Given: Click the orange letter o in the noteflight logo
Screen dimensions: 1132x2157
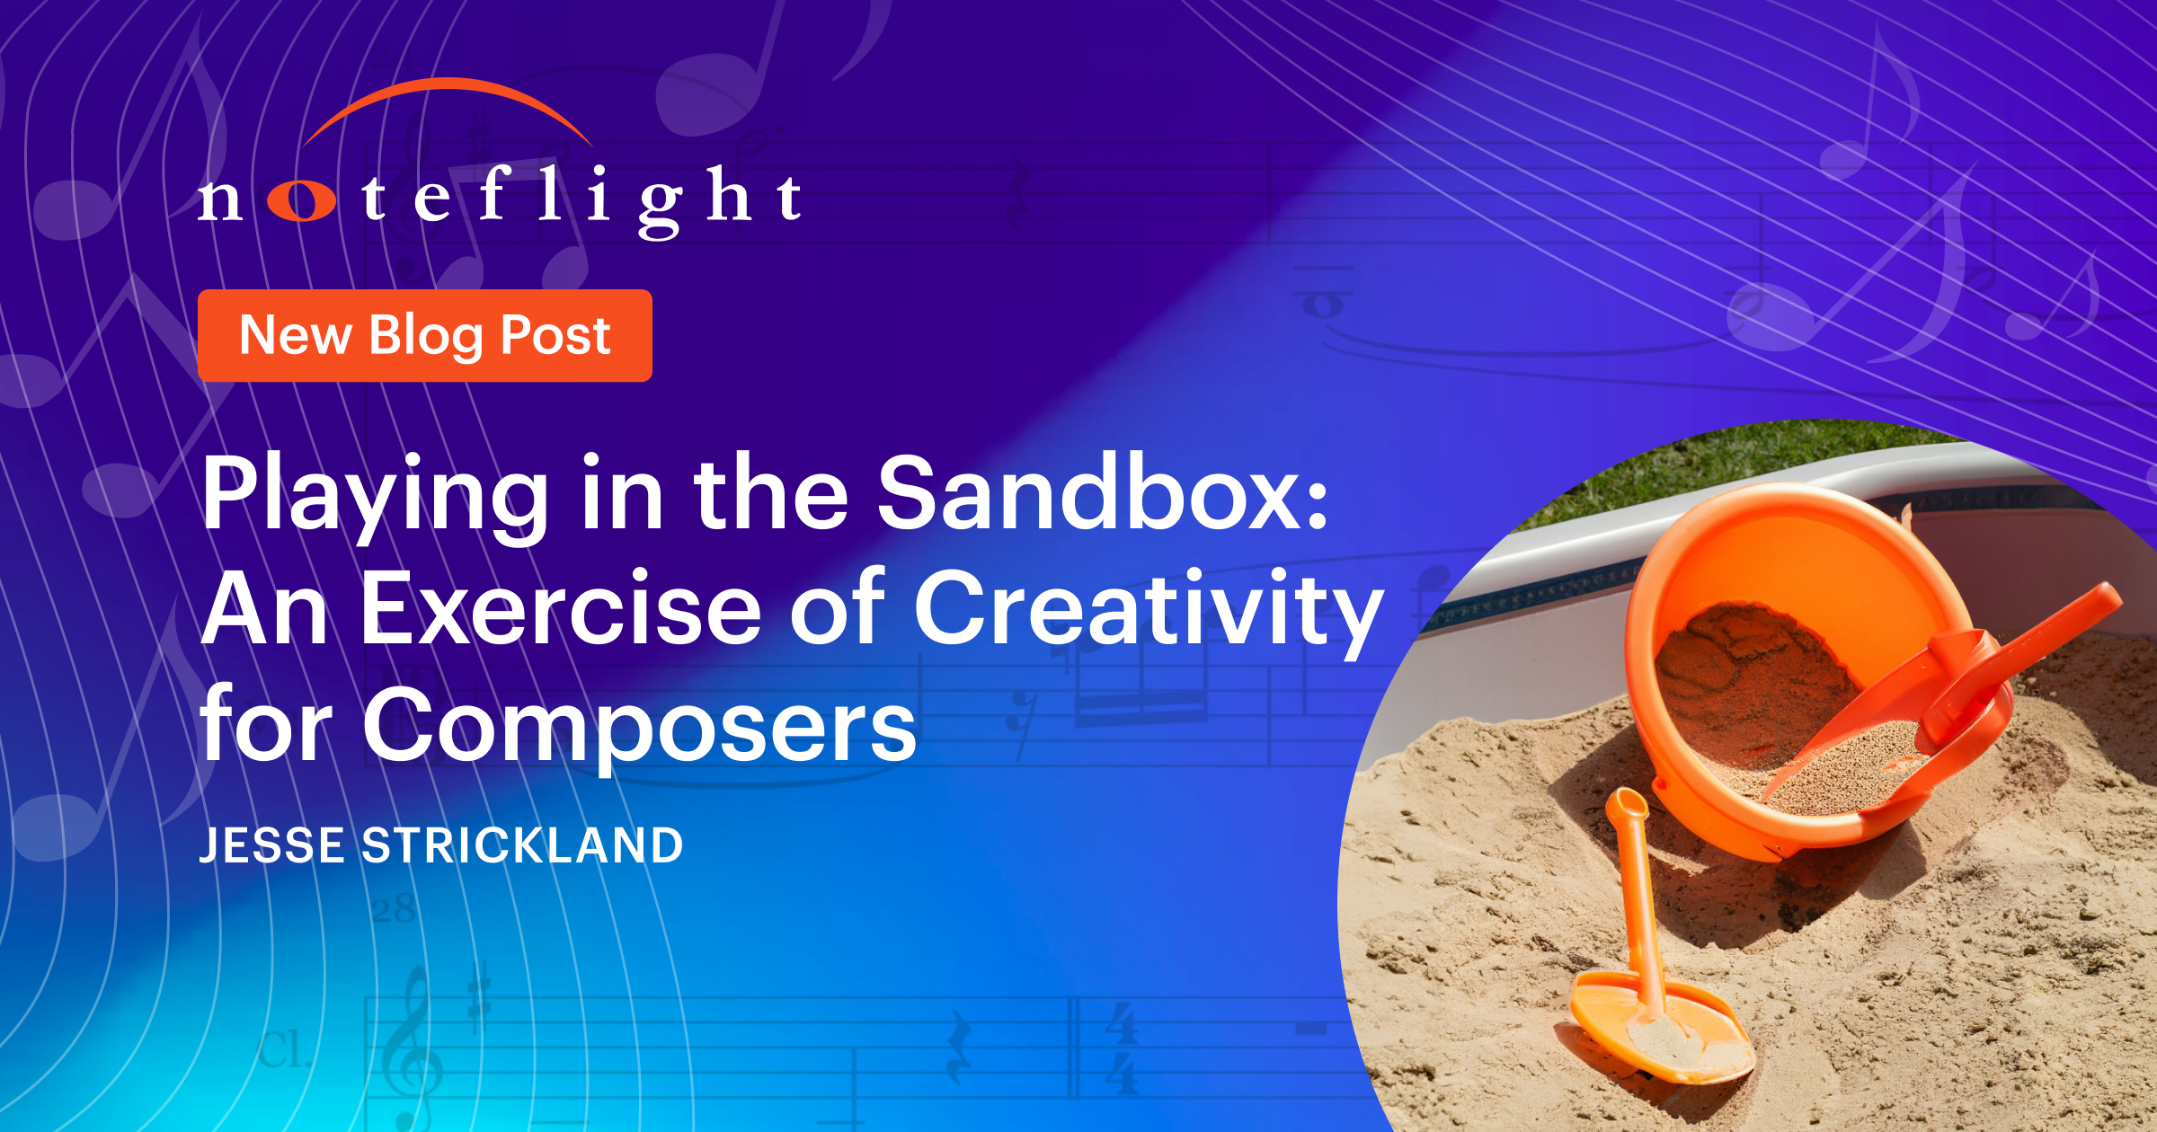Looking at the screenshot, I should coord(302,200).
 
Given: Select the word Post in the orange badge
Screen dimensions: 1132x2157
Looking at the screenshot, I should coord(555,336).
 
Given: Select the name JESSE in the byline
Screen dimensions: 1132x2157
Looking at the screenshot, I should coord(272,846).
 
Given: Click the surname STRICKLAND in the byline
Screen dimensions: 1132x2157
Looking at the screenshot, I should coord(522,846).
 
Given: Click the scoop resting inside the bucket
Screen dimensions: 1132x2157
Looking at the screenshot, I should coord(1932,692).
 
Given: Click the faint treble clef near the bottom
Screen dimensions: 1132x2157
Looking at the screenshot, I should coord(414,1042).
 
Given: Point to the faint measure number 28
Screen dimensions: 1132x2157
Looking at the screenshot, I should coord(394,909).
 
